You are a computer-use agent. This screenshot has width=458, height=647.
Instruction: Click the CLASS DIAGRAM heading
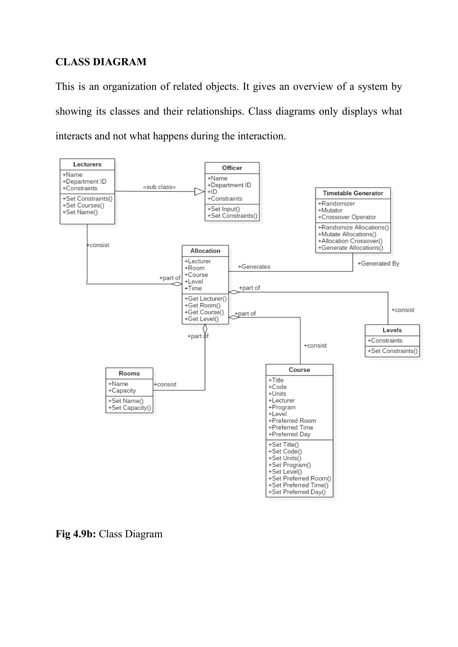tap(101, 62)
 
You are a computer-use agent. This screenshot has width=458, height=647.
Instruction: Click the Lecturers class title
tap(87, 164)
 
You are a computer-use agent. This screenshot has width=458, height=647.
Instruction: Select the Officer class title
tap(232, 168)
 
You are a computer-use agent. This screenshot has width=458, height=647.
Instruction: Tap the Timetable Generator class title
tap(353, 193)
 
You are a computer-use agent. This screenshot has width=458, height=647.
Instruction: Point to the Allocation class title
tap(205, 251)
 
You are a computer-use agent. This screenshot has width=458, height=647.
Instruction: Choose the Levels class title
tap(392, 330)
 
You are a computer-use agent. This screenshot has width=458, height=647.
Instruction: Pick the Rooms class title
tap(129, 373)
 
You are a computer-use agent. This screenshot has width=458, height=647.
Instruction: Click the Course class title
tap(299, 370)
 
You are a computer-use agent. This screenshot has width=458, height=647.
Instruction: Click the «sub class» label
tap(159, 187)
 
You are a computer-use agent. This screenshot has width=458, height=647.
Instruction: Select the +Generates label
tap(254, 267)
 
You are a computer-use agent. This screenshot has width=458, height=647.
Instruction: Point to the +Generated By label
tap(378, 263)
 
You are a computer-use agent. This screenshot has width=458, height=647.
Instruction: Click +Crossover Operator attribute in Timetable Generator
tap(347, 217)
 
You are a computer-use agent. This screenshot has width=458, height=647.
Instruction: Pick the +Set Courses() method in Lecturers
tap(83, 206)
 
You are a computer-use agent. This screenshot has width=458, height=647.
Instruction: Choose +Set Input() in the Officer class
tap(223, 209)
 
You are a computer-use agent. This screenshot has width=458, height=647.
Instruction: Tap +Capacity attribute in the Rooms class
tap(122, 391)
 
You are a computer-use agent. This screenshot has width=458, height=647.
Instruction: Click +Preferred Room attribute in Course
tap(292, 421)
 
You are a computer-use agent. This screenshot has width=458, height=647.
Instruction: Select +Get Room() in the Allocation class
tap(202, 305)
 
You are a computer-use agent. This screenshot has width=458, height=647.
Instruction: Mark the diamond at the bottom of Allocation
tap(205, 329)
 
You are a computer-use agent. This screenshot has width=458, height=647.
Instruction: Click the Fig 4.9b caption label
tap(109, 534)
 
